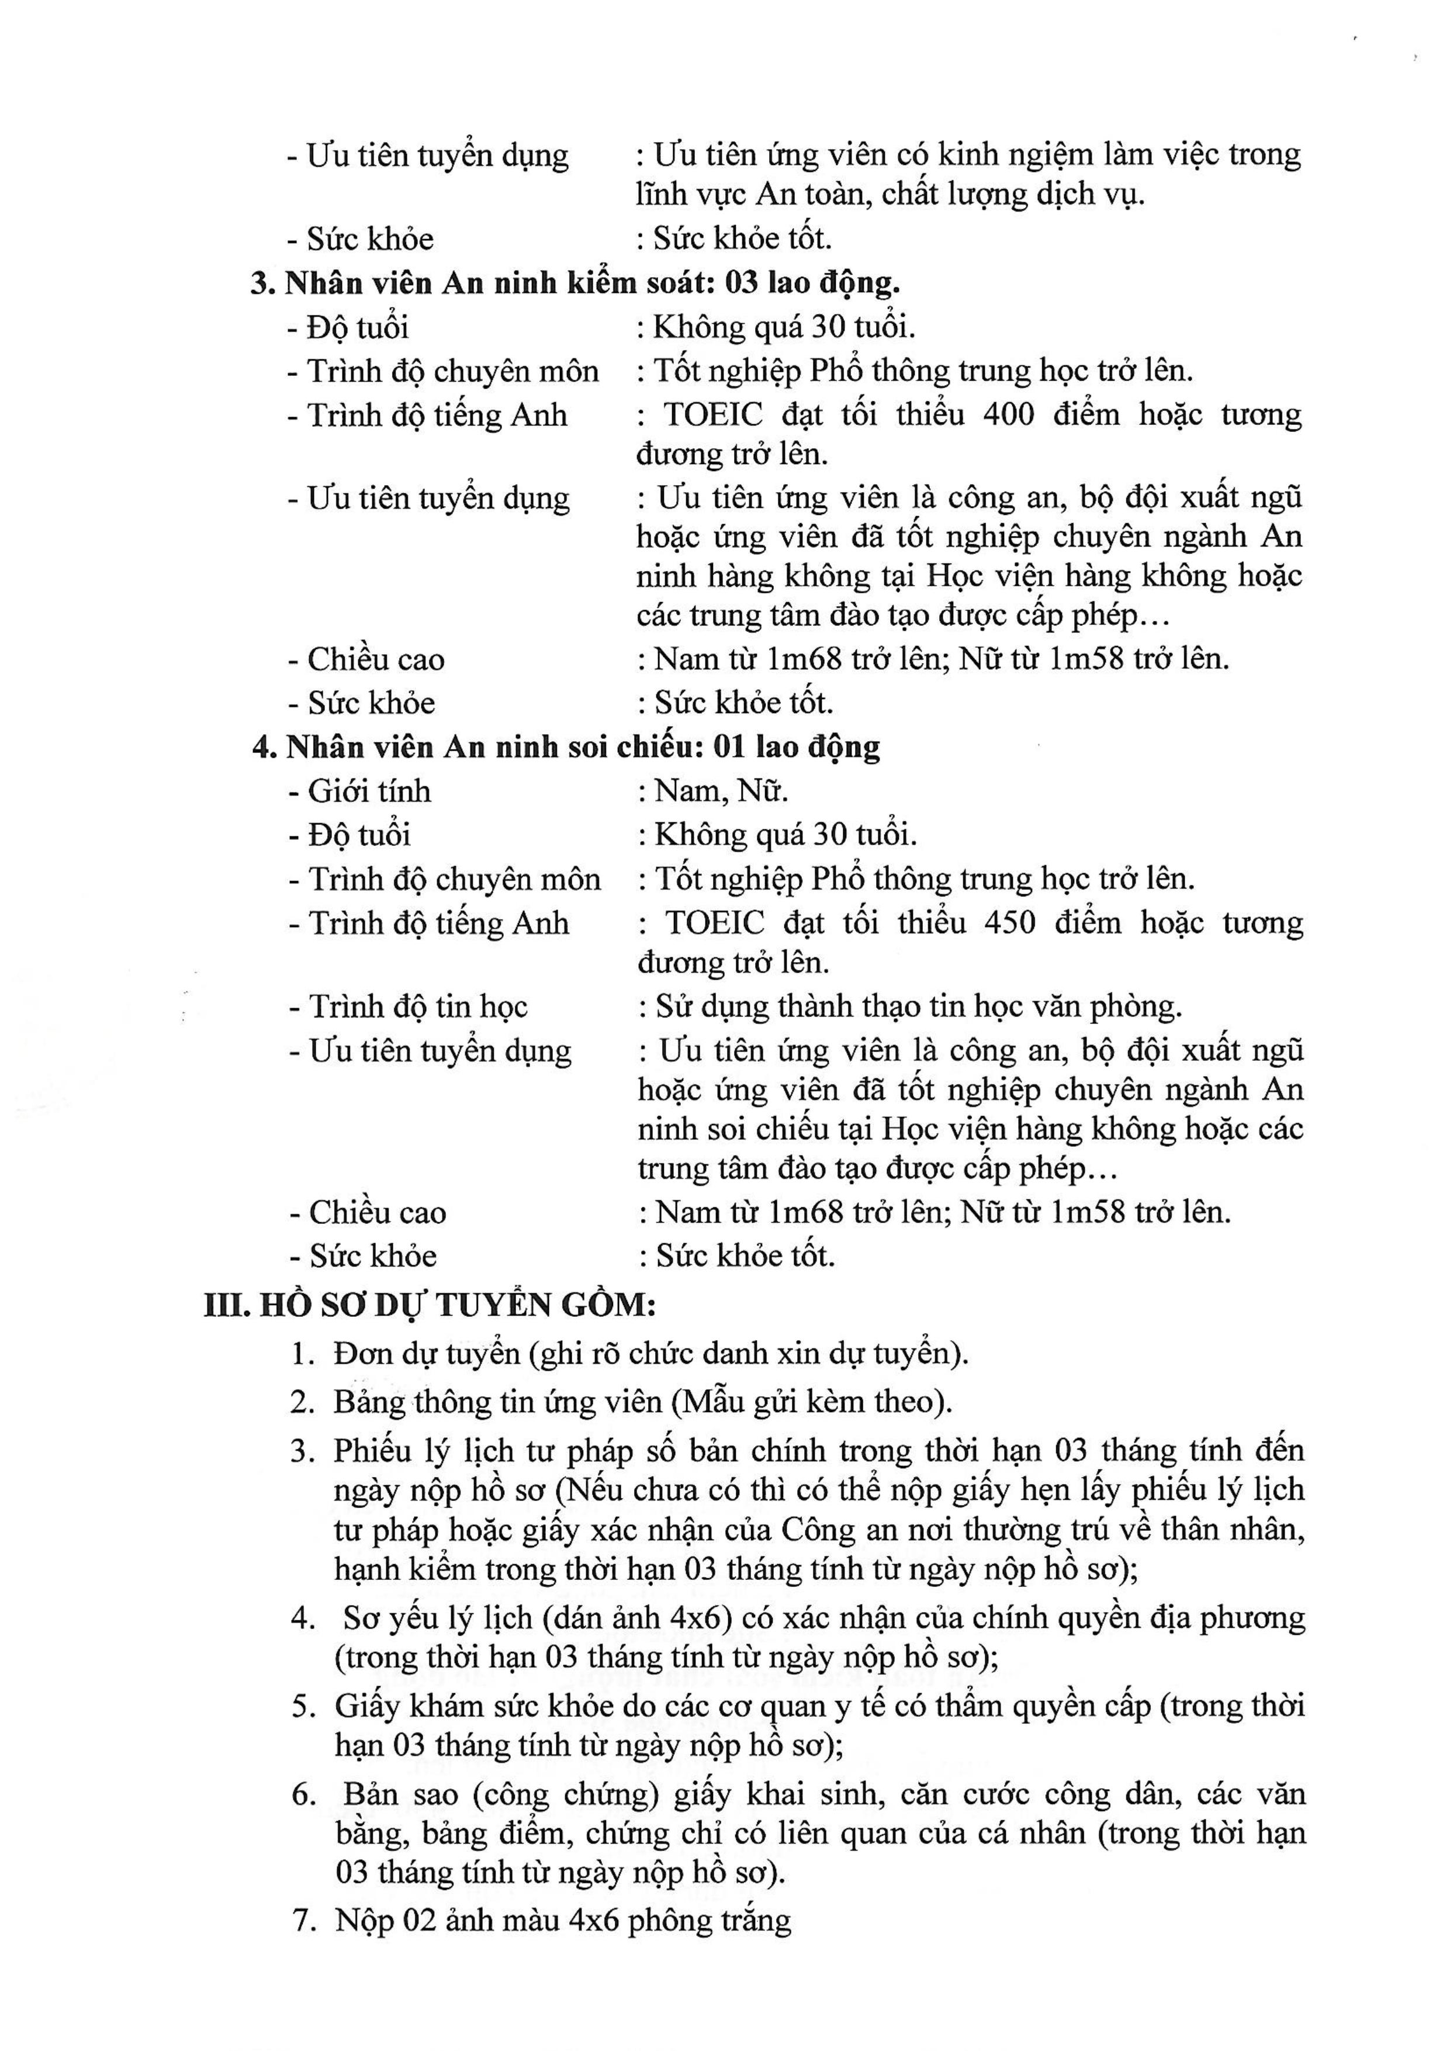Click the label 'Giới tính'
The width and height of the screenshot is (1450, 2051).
(x=369, y=791)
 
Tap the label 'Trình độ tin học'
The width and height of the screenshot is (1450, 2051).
(x=418, y=1007)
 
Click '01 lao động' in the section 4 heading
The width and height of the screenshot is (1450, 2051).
(x=797, y=747)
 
